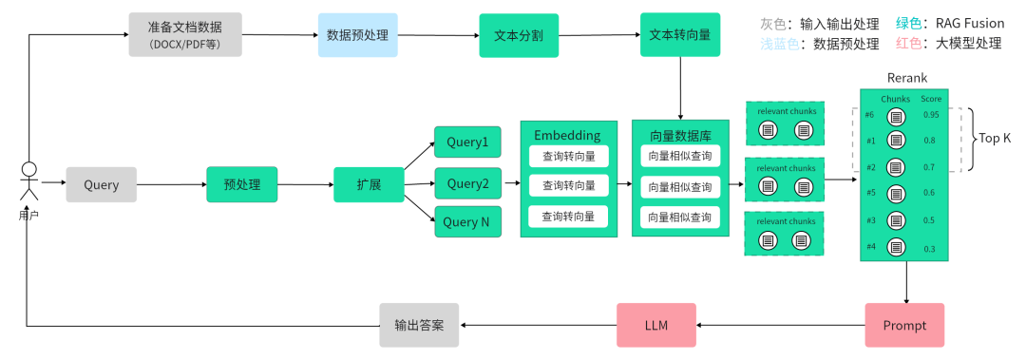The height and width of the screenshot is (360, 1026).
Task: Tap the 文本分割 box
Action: (519, 35)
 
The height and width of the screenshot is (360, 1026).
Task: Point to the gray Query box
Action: (101, 184)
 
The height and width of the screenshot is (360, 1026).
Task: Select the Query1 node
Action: (466, 142)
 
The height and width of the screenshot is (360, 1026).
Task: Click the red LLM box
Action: (655, 325)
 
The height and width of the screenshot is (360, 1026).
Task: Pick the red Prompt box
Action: (904, 325)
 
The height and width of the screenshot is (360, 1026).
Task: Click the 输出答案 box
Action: (419, 325)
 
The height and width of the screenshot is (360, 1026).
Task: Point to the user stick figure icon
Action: (28, 181)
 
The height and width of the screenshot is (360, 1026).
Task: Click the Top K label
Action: (994, 139)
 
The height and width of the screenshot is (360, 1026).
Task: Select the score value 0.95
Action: (930, 115)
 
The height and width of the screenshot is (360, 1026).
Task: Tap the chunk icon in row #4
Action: (895, 247)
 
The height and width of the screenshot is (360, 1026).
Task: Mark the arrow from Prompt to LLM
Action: (780, 325)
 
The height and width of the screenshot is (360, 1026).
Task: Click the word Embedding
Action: (566, 135)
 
